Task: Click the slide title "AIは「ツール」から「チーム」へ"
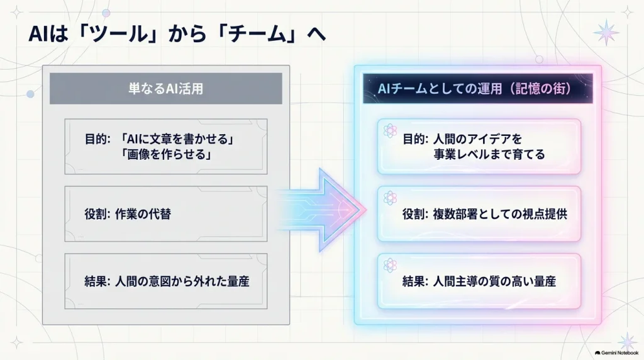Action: (177, 34)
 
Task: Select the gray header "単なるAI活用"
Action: (166, 88)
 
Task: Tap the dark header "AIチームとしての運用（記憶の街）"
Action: (478, 88)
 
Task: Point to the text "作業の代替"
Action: (143, 214)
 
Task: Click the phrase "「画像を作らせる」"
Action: (165, 155)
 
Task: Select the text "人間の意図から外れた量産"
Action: (182, 281)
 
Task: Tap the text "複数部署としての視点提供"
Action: (500, 214)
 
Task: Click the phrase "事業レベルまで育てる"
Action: (489, 155)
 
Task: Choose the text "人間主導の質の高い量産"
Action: (494, 281)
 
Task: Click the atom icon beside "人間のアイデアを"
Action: (390, 131)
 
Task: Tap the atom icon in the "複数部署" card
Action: (390, 198)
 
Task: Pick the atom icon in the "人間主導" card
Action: (390, 266)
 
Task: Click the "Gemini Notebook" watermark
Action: (616, 353)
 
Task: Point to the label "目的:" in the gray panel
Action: (97, 139)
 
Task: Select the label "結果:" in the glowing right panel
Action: (415, 281)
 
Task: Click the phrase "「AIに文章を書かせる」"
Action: (177, 139)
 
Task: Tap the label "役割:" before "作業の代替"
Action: (97, 214)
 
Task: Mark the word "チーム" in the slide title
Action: (257, 34)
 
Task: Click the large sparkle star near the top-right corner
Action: (606, 32)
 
